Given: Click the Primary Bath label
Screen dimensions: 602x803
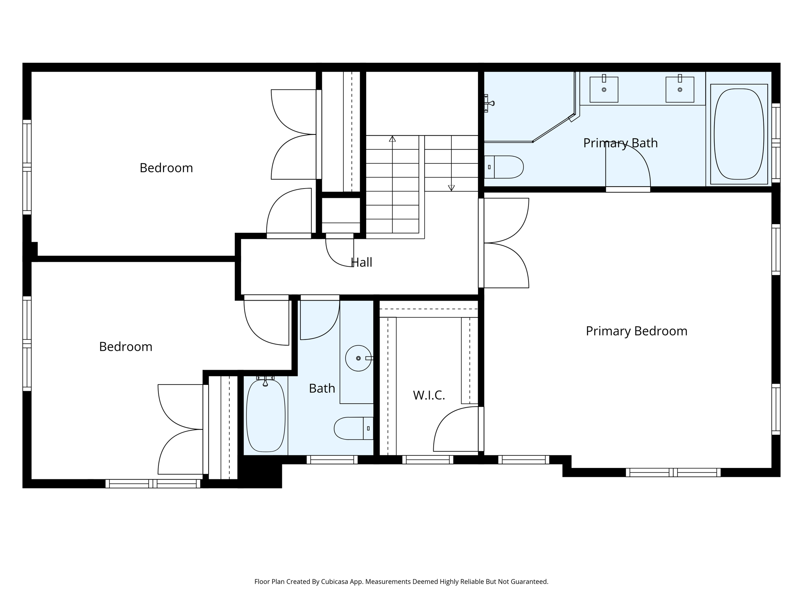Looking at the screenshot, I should (x=620, y=143).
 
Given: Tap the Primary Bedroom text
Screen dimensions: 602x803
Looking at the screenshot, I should (x=636, y=331).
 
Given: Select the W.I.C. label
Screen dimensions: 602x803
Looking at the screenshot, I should (x=429, y=395).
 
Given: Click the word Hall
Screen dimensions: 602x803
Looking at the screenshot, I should (x=362, y=262).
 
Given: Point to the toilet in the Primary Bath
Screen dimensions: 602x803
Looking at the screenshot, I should (x=504, y=167).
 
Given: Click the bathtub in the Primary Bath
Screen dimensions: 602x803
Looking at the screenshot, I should (x=739, y=134).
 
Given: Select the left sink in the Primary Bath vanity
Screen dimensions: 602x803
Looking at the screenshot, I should (x=604, y=89).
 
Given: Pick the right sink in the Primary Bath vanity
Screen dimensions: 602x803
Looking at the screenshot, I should (x=679, y=89).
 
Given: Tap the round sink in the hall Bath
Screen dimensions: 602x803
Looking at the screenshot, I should (x=358, y=358).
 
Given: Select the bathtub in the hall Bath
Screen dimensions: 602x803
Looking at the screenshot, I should (x=265, y=415).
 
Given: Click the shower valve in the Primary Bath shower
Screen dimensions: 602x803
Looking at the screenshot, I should (x=489, y=103).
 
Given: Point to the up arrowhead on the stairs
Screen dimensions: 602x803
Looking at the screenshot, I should (x=392, y=139).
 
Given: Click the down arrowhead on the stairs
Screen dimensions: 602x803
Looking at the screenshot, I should (x=451, y=188).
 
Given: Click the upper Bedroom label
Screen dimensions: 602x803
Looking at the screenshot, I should (x=166, y=168).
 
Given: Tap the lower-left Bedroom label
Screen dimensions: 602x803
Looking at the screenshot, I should (x=125, y=346).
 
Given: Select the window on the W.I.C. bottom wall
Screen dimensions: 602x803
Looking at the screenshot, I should (x=427, y=459).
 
